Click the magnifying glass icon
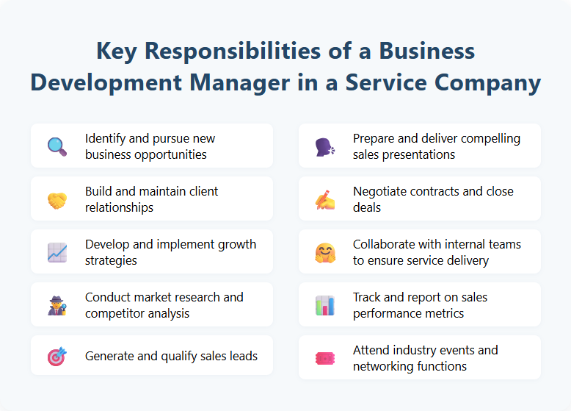[x=57, y=146]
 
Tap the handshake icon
[x=57, y=199]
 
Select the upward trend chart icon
[x=57, y=252]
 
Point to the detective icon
[x=57, y=305]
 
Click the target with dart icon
[x=57, y=357]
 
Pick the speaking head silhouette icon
[x=325, y=146]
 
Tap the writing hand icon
[x=325, y=199]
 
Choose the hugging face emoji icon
[x=325, y=252]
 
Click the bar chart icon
[x=325, y=305]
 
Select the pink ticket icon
[x=325, y=358]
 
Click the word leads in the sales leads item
[x=241, y=356]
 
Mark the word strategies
[x=111, y=260]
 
